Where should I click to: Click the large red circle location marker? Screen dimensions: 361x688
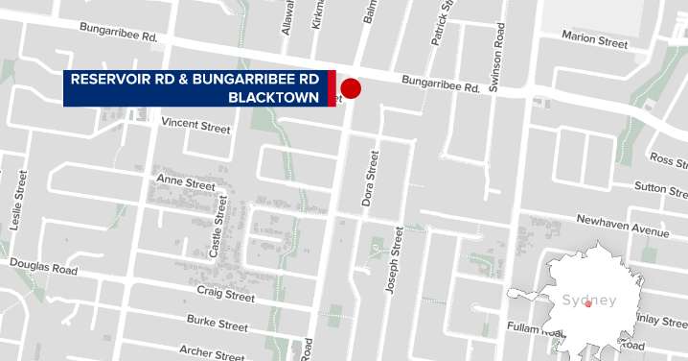click(x=351, y=88)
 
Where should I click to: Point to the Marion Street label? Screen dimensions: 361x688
click(x=595, y=41)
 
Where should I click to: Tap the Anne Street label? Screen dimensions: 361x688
click(x=186, y=183)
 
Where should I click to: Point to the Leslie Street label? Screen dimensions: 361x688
click(x=16, y=201)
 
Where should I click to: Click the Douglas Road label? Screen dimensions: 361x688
click(x=43, y=266)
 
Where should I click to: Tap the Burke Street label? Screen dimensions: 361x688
click(x=217, y=325)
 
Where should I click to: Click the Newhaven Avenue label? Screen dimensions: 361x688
click(x=622, y=226)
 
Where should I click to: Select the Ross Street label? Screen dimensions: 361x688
click(x=668, y=157)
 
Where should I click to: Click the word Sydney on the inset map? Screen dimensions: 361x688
click(x=589, y=301)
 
